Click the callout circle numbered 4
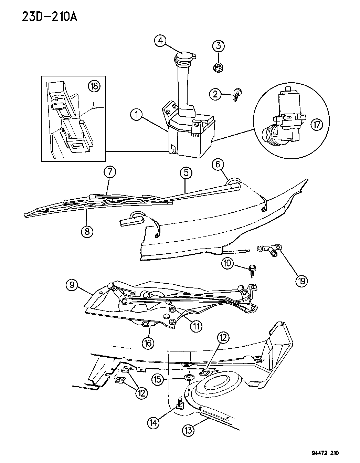coord(160,41)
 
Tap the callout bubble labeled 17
coord(316,125)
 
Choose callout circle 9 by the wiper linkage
coord(72,285)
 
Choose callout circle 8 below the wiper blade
coord(87,231)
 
